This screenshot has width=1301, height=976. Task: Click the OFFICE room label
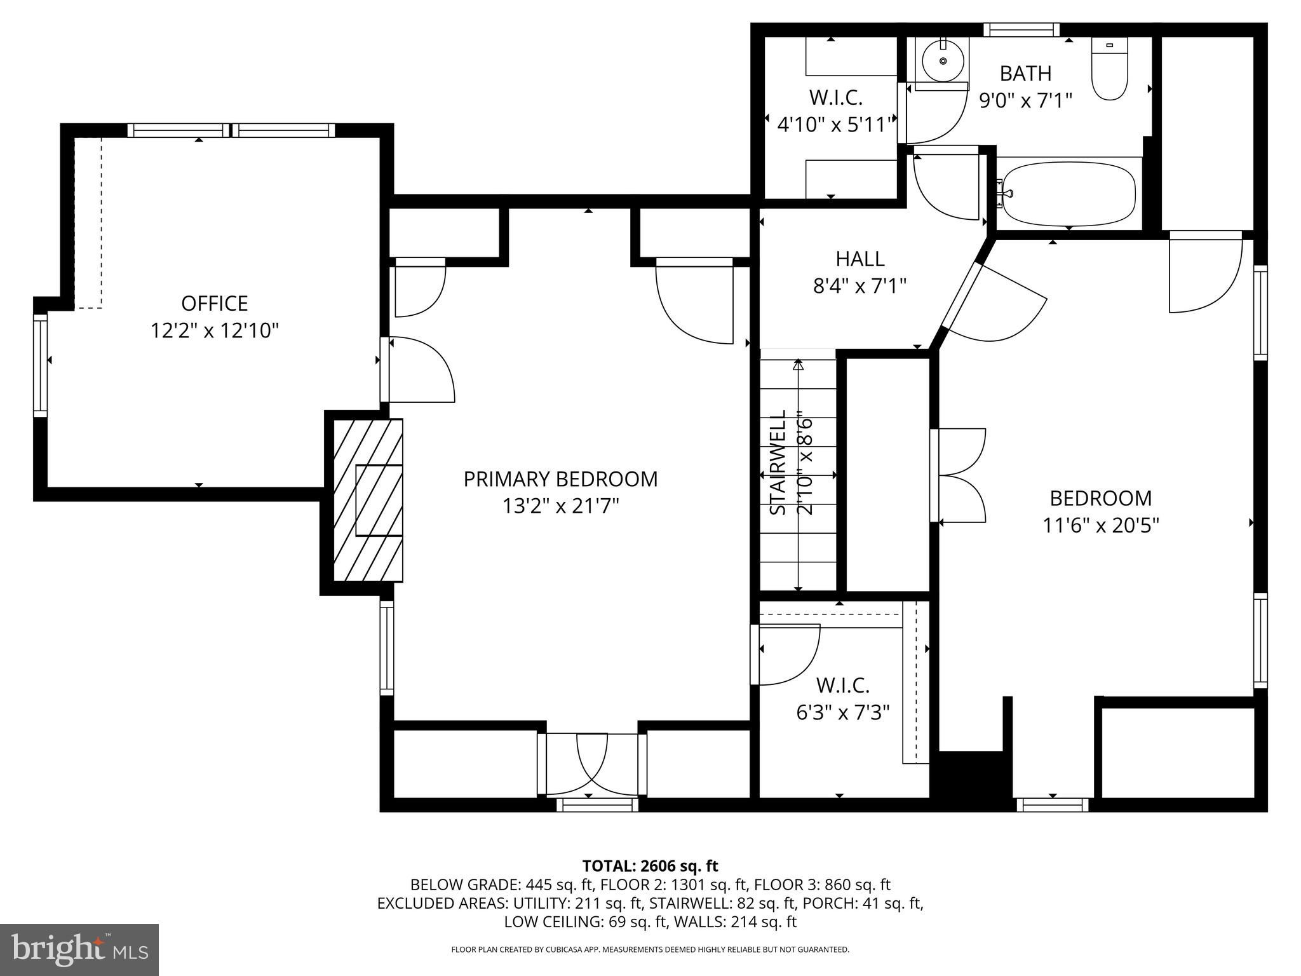214,303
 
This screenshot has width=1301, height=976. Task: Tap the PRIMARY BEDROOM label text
560,479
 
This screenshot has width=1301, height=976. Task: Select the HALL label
860,259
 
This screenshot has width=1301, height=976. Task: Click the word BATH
1025,74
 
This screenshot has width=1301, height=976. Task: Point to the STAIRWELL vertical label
778,462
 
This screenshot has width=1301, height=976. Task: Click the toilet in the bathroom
1109,68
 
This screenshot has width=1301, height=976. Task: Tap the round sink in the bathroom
943,61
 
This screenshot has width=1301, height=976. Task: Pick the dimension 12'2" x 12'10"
215,331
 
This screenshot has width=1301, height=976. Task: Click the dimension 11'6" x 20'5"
1100,525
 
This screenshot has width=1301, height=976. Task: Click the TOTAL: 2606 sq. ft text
650,865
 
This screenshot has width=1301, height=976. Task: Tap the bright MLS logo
79,950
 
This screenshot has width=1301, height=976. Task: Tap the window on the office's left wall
40,365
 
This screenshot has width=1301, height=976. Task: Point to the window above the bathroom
1021,30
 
